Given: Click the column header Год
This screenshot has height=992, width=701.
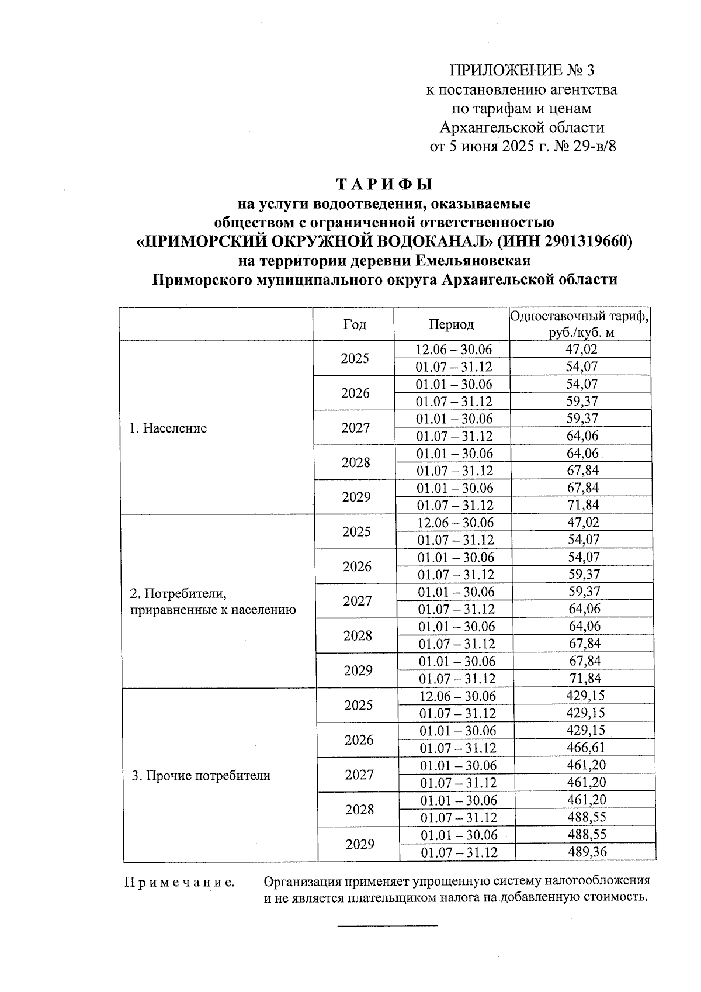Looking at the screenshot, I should [x=355, y=324].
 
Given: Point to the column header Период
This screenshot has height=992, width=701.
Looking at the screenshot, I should [x=451, y=324].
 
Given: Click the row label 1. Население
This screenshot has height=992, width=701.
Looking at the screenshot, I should [x=168, y=428].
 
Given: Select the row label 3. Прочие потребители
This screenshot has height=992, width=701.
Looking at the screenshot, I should [x=200, y=776].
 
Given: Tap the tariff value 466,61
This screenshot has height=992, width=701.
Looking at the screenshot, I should [x=586, y=748].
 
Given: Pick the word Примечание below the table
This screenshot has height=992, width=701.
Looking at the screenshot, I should [x=179, y=882].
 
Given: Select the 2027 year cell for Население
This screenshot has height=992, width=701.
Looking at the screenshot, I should [x=356, y=428].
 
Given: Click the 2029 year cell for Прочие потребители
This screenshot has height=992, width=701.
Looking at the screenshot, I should [x=359, y=844].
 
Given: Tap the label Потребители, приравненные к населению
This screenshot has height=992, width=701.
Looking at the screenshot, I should [x=212, y=602].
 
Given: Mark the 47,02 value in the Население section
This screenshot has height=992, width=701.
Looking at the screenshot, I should [x=581, y=350].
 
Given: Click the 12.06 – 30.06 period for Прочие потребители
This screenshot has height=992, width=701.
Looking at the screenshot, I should [x=457, y=696].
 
